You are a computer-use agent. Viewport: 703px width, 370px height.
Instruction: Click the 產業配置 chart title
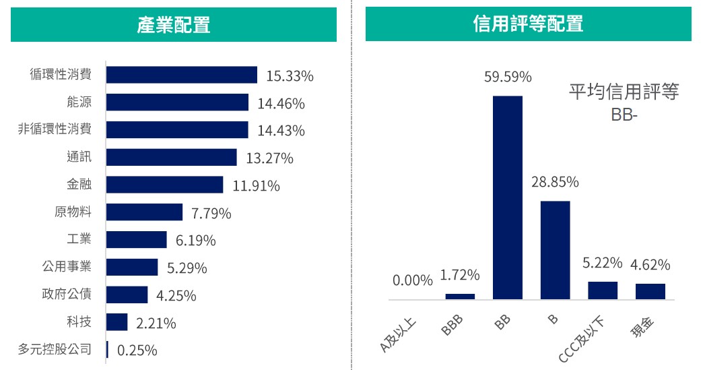[x=173, y=25]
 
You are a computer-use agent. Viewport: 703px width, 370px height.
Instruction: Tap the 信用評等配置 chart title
[x=528, y=25]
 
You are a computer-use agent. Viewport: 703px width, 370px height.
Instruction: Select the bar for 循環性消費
[x=181, y=75]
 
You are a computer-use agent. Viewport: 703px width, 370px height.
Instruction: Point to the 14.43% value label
[x=281, y=131]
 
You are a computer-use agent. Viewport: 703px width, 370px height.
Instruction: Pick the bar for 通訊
[x=171, y=158]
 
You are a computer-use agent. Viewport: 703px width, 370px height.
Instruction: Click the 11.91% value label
[x=256, y=185]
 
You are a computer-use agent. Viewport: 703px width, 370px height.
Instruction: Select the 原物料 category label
[x=73, y=212]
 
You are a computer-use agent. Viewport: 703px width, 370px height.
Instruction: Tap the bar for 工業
[x=136, y=240]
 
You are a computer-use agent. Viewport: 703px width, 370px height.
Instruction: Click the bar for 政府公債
[x=127, y=295]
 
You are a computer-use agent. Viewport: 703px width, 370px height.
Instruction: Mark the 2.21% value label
[x=156, y=323]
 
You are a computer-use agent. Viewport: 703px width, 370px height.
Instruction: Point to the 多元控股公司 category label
[x=55, y=350]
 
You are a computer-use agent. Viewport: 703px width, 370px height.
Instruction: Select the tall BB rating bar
[x=508, y=197]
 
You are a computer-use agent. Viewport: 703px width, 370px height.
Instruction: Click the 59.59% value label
[x=508, y=78]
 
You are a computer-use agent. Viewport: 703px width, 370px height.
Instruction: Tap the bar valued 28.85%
[x=555, y=249]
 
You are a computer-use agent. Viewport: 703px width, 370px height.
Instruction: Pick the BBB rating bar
[x=460, y=296]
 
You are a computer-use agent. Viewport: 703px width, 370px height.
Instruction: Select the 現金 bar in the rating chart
[x=650, y=291]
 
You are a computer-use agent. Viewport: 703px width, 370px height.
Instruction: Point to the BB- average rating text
[x=624, y=115]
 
